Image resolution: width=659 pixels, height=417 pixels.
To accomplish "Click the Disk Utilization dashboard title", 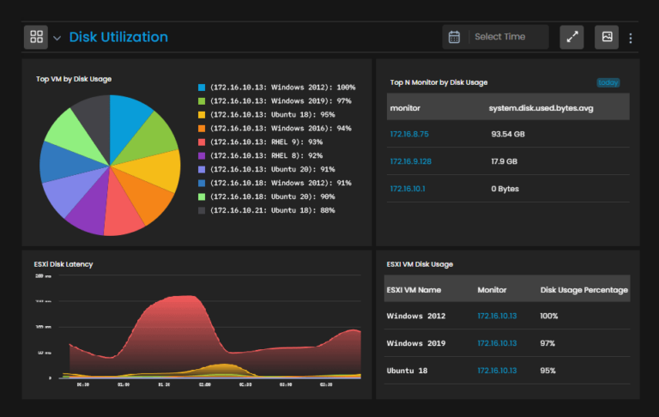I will click(x=118, y=37).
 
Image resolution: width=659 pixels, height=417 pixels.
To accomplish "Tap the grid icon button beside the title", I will click(x=37, y=37).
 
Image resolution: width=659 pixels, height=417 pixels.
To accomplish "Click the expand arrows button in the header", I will click(x=572, y=37).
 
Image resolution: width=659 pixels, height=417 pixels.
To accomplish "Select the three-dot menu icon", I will click(x=631, y=38).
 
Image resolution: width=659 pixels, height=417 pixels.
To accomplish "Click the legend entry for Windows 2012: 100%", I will click(x=281, y=88).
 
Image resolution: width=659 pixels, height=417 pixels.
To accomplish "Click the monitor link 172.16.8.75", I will click(x=409, y=134).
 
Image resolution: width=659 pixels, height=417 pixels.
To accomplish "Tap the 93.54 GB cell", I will click(x=508, y=134).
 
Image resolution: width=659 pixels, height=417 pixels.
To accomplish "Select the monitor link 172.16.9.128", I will click(x=411, y=161).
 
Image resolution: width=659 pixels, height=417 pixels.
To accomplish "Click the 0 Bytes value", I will click(x=506, y=188).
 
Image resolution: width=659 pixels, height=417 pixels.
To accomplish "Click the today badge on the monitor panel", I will click(x=608, y=83).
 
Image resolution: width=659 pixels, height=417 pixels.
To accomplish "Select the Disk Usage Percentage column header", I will click(x=584, y=290).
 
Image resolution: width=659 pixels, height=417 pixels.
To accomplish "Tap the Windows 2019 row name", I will click(x=415, y=343).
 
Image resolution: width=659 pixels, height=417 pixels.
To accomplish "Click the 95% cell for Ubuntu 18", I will click(x=548, y=371).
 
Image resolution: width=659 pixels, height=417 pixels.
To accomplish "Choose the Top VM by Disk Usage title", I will click(x=74, y=79).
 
